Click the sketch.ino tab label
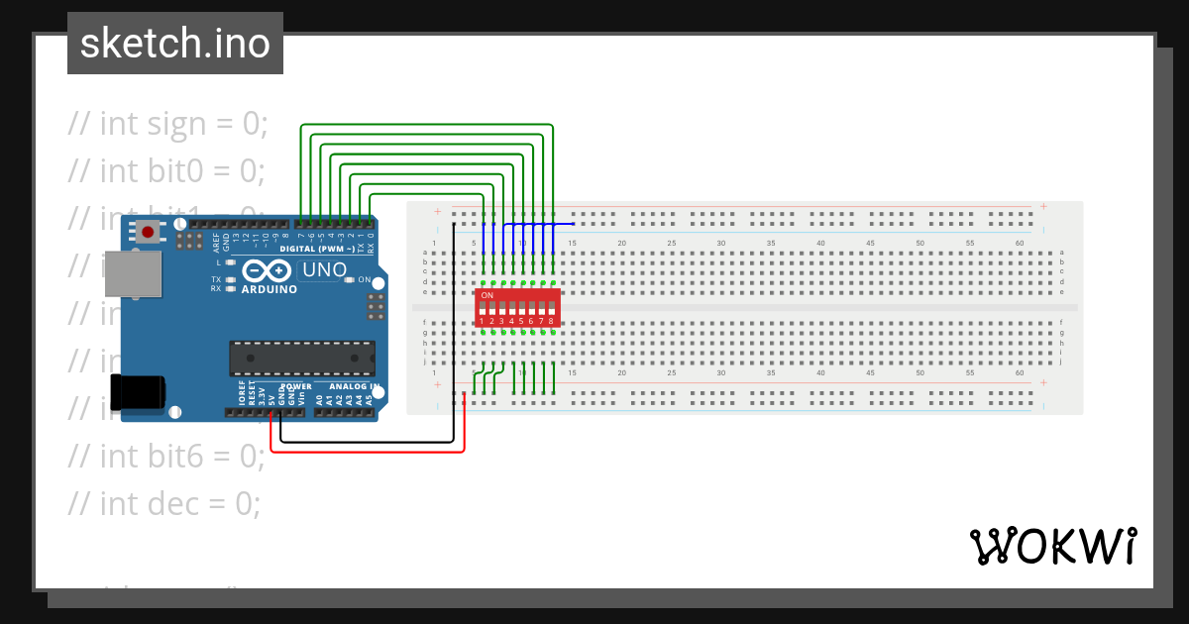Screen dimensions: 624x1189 pos(175,44)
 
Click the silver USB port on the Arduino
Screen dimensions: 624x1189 pos(133,273)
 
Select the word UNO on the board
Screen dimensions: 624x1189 pos(324,269)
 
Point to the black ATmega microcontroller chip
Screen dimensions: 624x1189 pos(302,359)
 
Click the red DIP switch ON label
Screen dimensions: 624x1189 pos(486,295)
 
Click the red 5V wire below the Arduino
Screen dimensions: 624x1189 pos(367,452)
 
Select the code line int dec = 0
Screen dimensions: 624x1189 pos(163,503)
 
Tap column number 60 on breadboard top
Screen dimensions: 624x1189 pos(1020,243)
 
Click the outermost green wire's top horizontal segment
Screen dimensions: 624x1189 pos(426,126)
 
